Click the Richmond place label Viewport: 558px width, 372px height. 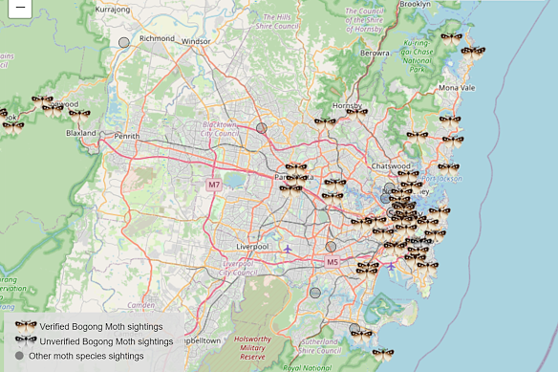[x=157, y=39]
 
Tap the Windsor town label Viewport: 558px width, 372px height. [x=196, y=42]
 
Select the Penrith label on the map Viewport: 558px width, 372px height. [x=127, y=137]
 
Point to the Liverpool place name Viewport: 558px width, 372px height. [x=252, y=246]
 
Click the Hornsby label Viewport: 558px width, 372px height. [x=347, y=105]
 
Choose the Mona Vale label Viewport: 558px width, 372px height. [x=456, y=88]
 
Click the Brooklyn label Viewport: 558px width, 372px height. [x=415, y=5]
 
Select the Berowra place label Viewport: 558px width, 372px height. [x=375, y=54]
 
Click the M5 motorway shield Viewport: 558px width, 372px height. [x=333, y=261]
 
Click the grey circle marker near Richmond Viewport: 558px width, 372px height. [x=124, y=42]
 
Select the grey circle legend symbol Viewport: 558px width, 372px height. [x=19, y=356]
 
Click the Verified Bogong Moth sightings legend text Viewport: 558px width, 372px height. [x=101, y=326]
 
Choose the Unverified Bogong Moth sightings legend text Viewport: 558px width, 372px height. [x=106, y=341]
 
